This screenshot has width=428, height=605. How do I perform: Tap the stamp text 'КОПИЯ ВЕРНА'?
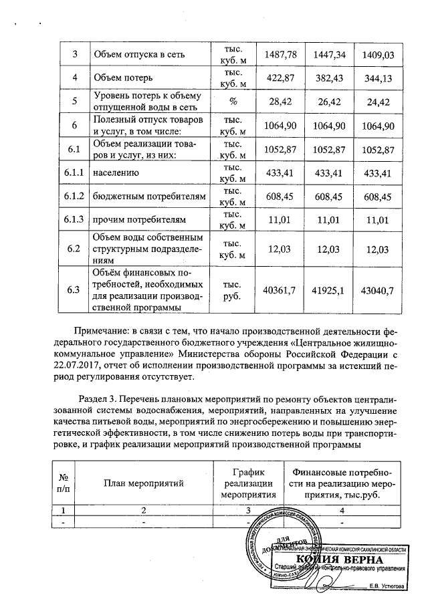340,559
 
